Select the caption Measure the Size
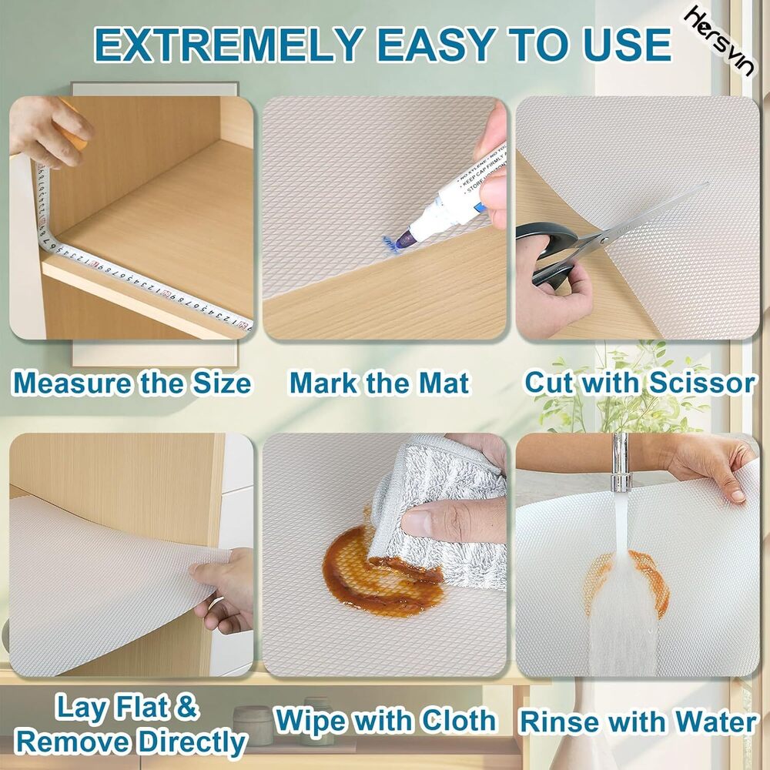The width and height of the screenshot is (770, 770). point(132,383)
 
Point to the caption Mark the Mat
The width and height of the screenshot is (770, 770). point(379,383)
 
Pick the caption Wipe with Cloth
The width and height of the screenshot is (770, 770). point(386,721)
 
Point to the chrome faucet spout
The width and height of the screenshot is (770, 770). point(621,462)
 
